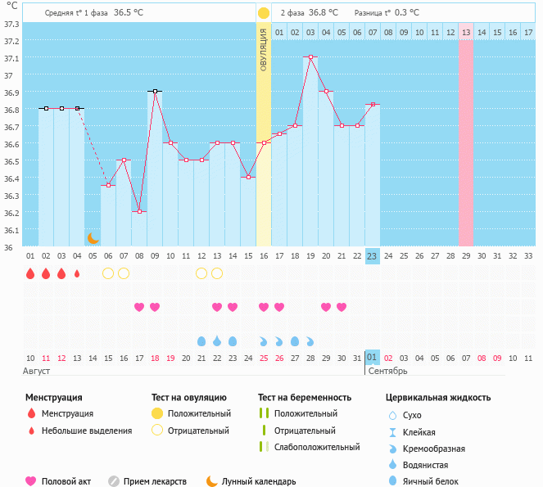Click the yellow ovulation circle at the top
(x=264, y=13)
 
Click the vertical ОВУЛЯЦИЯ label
(x=264, y=49)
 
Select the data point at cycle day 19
(x=310, y=57)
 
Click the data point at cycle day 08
(x=139, y=211)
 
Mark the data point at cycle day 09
(x=155, y=92)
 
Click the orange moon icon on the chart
(x=93, y=238)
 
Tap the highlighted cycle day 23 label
(x=372, y=256)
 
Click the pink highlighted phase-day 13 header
(x=465, y=32)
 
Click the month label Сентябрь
(x=387, y=371)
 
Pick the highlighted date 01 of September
(x=372, y=358)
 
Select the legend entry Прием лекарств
(x=155, y=481)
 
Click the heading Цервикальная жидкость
(x=438, y=398)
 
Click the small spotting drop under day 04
(x=77, y=273)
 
